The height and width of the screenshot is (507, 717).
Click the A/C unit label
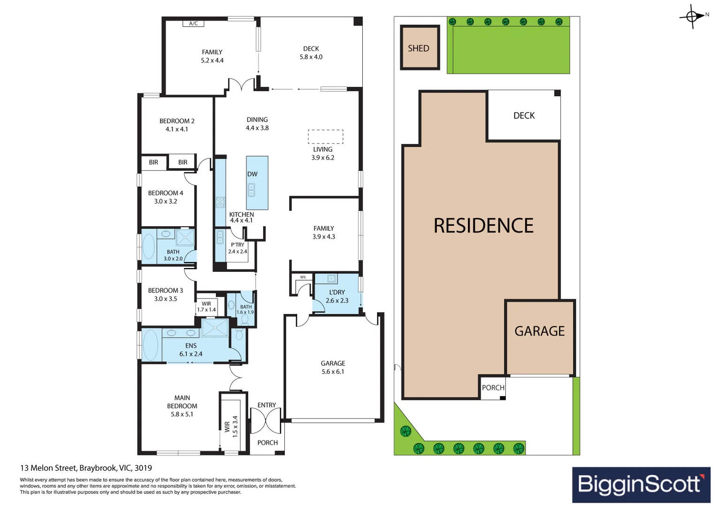tap(193, 23)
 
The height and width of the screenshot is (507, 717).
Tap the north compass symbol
tap(693, 16)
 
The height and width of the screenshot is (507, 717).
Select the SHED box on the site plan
tap(419, 48)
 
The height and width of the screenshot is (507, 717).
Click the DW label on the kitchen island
tap(252, 174)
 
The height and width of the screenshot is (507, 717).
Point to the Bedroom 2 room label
tap(177, 121)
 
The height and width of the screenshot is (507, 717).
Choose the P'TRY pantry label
tap(237, 245)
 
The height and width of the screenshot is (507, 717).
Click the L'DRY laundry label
tap(337, 292)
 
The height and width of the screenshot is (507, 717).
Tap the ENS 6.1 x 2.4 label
tap(191, 350)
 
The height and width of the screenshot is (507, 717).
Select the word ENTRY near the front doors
tap(267, 405)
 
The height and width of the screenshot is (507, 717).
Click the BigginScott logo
tap(641, 484)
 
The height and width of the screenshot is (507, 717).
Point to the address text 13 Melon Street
tap(86, 468)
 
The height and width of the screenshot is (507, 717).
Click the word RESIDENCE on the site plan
tap(483, 226)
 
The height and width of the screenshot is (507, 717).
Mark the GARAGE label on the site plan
tap(540, 331)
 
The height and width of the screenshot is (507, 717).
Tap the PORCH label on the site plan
tap(493, 388)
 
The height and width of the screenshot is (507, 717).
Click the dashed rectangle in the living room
tap(325, 137)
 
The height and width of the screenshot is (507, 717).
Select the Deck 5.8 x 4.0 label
tap(311, 53)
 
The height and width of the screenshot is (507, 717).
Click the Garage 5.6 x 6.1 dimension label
tap(333, 372)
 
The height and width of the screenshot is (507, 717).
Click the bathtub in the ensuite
tap(150, 345)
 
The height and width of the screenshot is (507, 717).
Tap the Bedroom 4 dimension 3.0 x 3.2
tap(166, 201)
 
